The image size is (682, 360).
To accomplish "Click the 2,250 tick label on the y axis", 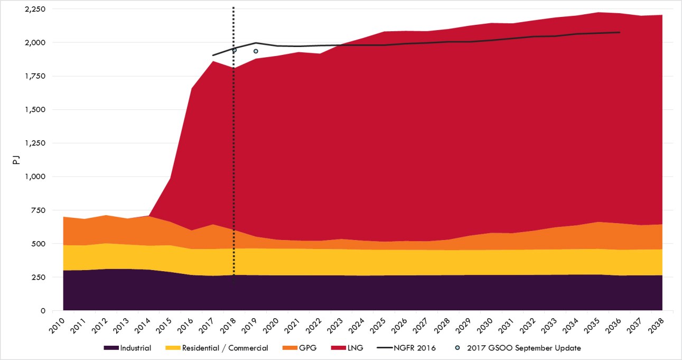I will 34,10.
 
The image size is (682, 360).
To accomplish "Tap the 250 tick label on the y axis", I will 40,277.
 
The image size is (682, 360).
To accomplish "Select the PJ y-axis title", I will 15,160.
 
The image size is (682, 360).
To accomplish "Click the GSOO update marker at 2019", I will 256,51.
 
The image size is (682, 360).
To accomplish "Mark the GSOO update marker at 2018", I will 235,50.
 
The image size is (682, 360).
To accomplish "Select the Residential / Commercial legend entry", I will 217,348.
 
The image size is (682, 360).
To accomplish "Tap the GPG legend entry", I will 302,348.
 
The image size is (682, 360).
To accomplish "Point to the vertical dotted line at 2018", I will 233,159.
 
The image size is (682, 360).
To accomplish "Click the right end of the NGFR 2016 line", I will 620,32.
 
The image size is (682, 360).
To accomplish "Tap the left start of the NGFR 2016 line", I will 213,55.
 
